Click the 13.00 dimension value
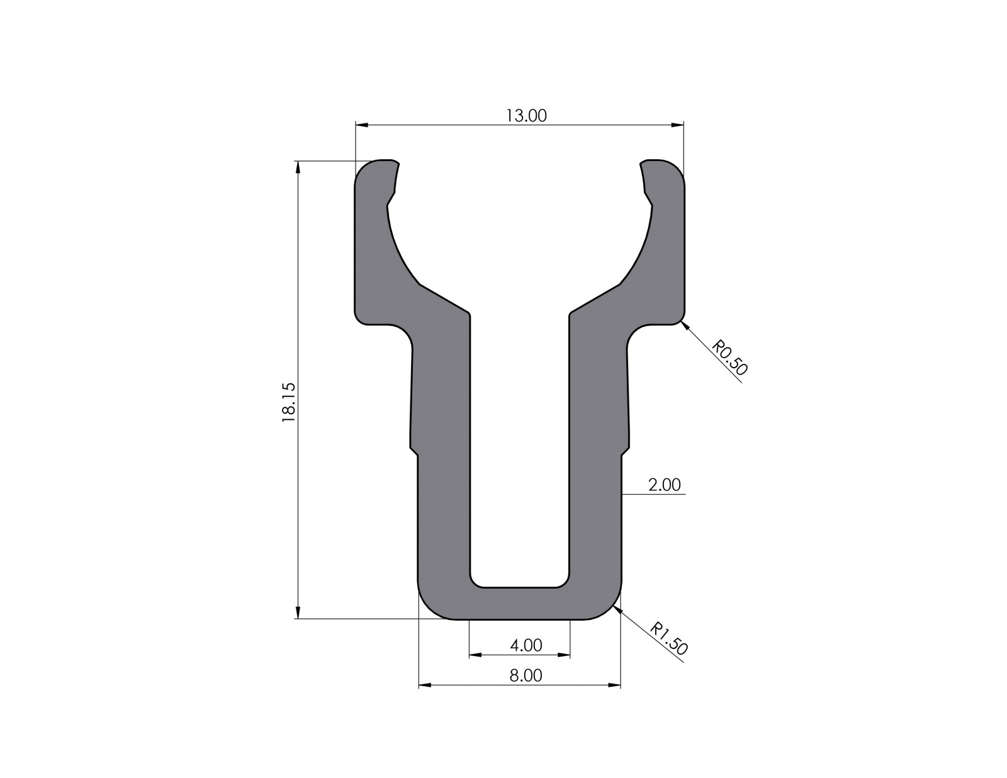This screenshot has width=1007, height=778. point(526,116)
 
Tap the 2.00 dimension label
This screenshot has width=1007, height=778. point(664,485)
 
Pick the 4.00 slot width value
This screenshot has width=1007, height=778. point(526,645)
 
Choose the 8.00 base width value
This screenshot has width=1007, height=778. point(526,675)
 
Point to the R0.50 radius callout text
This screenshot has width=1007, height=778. point(729,358)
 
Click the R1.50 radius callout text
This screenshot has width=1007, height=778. point(669,639)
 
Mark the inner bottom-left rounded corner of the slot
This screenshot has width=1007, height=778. point(475,582)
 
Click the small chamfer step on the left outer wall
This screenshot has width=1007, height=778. point(413,449)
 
